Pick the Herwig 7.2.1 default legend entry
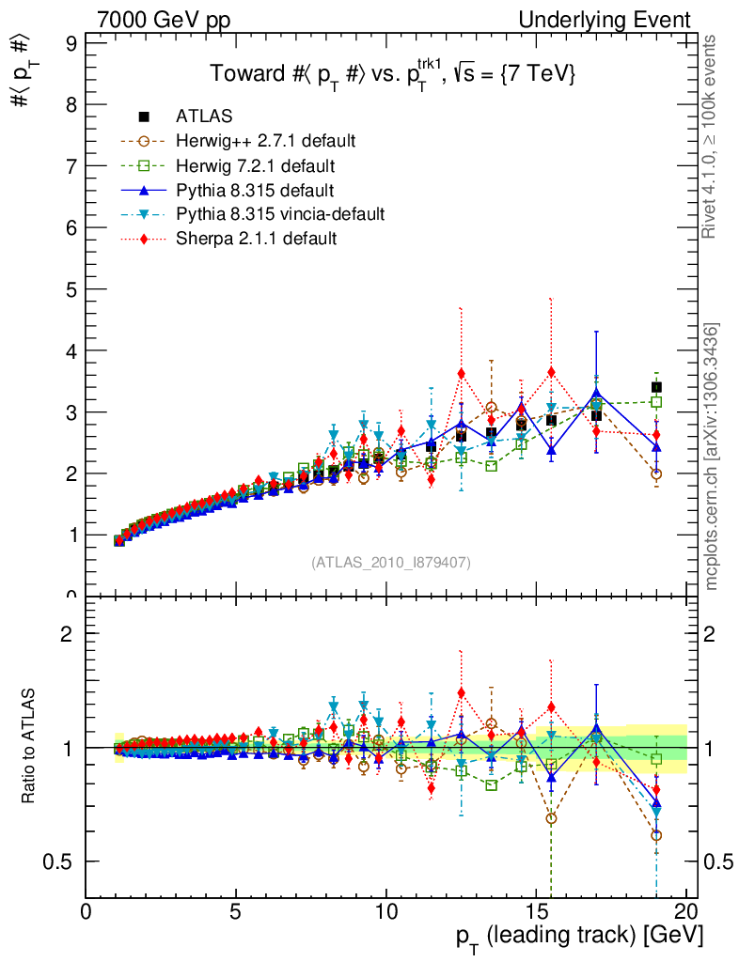[255, 165]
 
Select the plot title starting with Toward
[391, 73]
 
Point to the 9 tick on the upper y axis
[69, 43]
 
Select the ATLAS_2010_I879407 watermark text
[391, 563]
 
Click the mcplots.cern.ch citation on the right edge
[713, 457]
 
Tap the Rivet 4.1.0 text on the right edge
[713, 137]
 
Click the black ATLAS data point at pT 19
[656, 387]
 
